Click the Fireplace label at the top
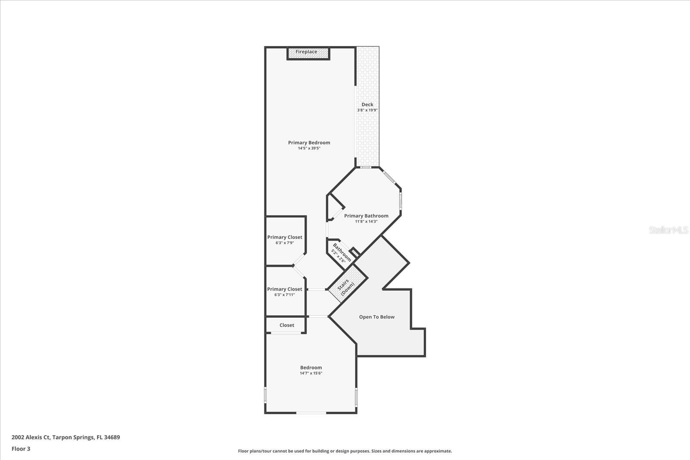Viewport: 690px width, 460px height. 306,52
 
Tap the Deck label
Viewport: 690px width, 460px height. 367,104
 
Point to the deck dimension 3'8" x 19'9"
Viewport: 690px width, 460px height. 367,110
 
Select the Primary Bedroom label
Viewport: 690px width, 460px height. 309,143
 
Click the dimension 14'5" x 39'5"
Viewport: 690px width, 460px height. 309,148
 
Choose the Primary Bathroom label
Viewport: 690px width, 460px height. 366,216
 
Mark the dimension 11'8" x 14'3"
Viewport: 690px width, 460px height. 366,222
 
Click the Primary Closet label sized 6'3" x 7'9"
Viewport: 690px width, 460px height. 285,237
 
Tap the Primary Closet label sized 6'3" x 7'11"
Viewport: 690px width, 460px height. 285,289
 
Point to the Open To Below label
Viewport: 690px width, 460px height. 377,317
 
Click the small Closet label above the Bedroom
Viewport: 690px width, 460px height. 287,325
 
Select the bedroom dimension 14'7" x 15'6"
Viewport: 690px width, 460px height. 311,373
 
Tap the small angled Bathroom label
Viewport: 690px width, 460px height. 342,253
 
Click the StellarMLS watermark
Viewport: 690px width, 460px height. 668,230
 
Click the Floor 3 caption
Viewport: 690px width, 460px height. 21,449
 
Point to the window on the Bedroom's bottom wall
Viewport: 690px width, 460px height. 311,413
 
